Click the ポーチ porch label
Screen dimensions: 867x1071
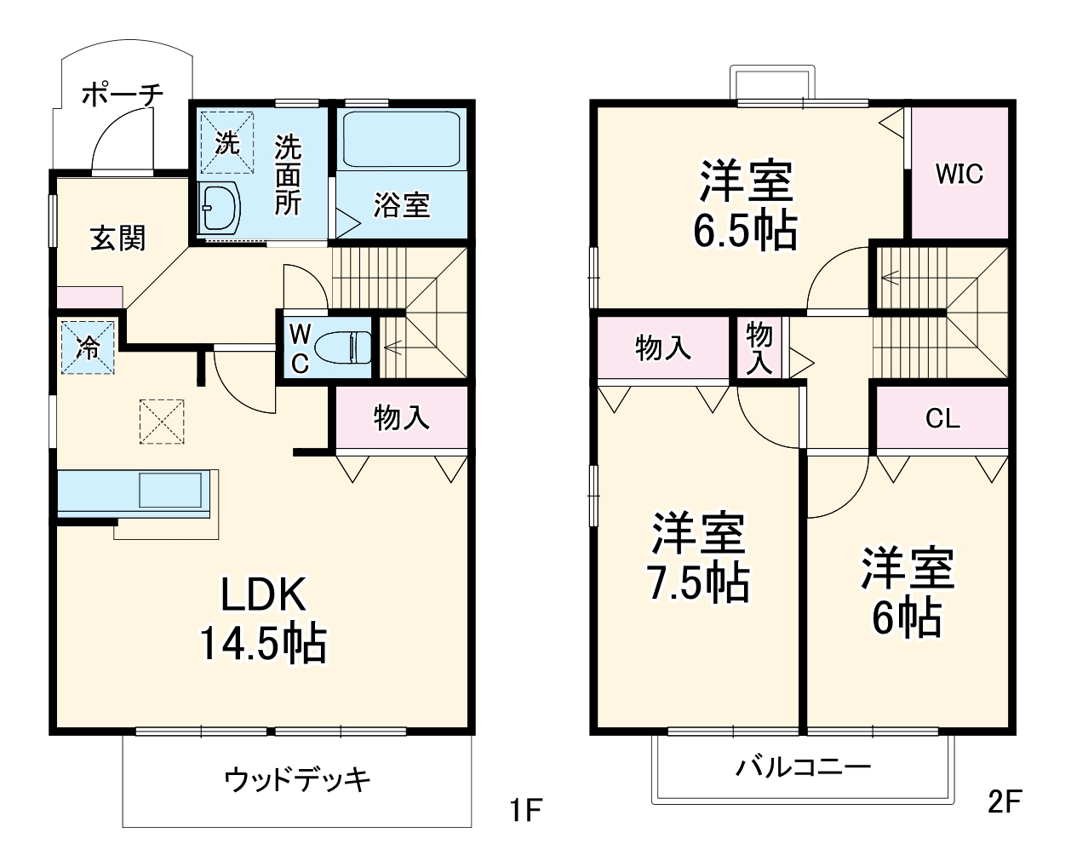pos(122,94)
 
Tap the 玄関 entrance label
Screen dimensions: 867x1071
pos(118,238)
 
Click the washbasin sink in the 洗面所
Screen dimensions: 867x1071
pos(221,207)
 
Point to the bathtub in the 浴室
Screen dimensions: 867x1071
pos(401,139)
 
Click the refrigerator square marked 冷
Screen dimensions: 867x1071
pos(87,347)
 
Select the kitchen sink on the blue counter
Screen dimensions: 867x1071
pos(171,491)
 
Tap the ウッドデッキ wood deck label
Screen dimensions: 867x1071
pos(297,778)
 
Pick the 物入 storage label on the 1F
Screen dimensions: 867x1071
pos(401,418)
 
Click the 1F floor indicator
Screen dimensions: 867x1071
pos(525,809)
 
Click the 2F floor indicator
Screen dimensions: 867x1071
pos(1005,801)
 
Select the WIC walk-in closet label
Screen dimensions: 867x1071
pos(959,175)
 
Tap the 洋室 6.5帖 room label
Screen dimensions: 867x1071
pos(746,204)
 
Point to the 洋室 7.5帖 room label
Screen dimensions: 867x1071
pos(699,558)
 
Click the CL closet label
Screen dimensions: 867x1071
pos(942,419)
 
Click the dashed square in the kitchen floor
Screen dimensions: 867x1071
pos(162,421)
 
